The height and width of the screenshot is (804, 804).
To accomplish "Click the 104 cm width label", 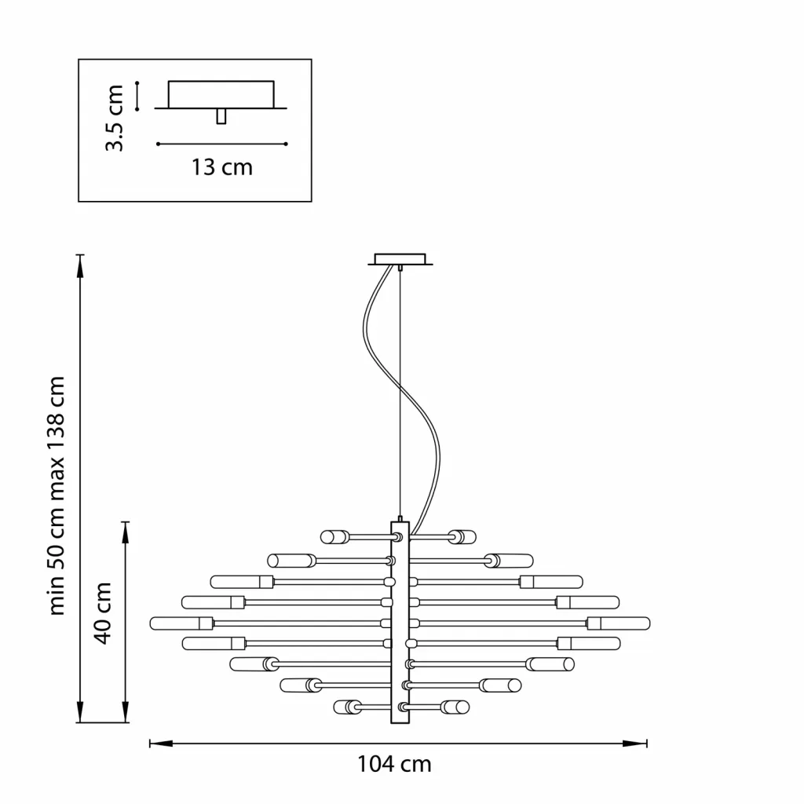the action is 394,764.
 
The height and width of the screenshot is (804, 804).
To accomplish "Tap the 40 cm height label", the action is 103,612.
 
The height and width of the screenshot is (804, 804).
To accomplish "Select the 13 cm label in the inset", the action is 222,167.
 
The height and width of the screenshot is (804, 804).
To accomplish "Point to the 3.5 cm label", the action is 114,118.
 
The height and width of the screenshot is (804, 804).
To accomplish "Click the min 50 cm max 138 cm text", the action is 57,495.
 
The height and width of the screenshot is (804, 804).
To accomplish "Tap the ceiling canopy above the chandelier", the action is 400,259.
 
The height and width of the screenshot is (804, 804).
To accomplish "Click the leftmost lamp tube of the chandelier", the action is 181,623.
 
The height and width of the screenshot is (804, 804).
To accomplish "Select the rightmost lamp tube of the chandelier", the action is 619,623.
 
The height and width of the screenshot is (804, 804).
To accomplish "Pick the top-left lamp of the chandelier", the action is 335,537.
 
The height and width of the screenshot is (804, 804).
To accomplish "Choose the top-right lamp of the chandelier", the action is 462,537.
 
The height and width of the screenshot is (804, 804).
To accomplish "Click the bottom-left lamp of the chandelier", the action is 348,707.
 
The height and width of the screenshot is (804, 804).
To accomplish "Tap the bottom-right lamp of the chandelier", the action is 455,707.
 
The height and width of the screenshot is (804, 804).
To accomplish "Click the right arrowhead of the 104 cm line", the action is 635,744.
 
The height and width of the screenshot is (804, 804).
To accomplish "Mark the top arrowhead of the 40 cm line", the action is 125,533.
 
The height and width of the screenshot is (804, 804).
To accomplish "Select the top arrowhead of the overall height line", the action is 80,265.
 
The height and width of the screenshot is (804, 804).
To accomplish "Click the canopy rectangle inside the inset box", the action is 221,94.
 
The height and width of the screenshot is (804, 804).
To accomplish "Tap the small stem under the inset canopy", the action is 221,116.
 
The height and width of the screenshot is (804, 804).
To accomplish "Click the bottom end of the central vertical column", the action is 400,723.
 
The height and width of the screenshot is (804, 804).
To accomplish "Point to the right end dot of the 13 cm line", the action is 286,144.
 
